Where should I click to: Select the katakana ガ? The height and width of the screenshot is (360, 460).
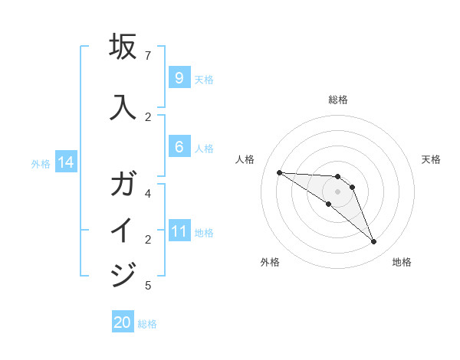pyautogui.click(x=123, y=185)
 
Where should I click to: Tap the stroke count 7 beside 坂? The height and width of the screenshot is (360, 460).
pyautogui.click(x=148, y=56)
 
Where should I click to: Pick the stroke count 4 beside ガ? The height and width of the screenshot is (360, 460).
pyautogui.click(x=148, y=194)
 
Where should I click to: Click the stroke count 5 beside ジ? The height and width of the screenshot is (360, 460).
pyautogui.click(x=148, y=286)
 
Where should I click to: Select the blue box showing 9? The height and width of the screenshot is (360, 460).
pyautogui.click(x=179, y=78)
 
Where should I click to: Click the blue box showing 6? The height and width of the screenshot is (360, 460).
pyautogui.click(x=179, y=147)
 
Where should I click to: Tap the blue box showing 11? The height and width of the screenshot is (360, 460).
pyautogui.click(x=179, y=231)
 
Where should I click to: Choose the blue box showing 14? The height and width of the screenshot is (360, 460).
pyautogui.click(x=66, y=162)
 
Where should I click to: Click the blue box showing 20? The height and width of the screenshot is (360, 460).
pyautogui.click(x=123, y=322)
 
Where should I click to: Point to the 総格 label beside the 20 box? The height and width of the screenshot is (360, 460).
pyautogui.click(x=147, y=324)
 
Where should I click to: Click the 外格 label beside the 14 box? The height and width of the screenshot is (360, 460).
pyautogui.click(x=41, y=163)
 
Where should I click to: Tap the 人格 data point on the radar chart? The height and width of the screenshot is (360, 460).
pyautogui.click(x=279, y=172)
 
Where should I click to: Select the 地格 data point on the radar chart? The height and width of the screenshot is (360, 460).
pyautogui.click(x=373, y=242)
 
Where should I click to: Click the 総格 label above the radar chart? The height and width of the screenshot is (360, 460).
pyautogui.click(x=337, y=100)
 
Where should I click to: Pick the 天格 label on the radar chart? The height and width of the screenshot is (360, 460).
pyautogui.click(x=431, y=159)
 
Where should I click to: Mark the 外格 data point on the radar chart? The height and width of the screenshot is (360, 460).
pyautogui.click(x=329, y=204)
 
